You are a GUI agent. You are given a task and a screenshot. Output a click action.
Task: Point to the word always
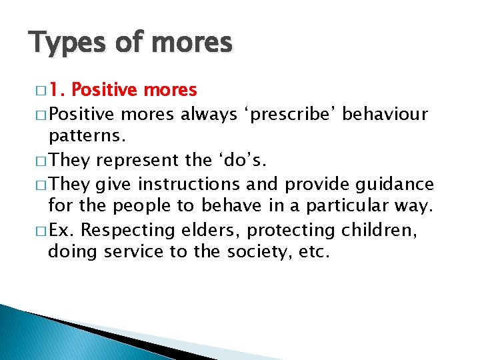pos(206,113)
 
